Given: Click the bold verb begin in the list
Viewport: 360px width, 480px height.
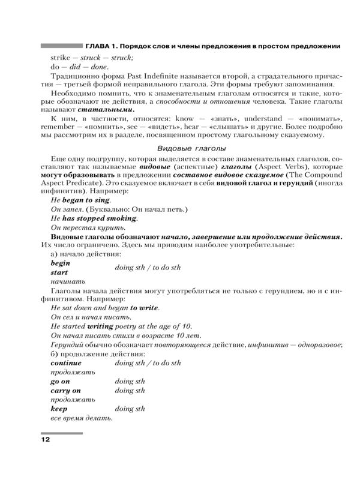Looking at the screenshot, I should tap(61, 263).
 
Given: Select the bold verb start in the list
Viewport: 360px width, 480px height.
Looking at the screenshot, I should tap(59, 272).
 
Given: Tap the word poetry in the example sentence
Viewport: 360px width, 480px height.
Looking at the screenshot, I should tap(115, 326).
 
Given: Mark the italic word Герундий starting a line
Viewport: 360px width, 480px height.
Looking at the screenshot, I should tap(71, 344).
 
